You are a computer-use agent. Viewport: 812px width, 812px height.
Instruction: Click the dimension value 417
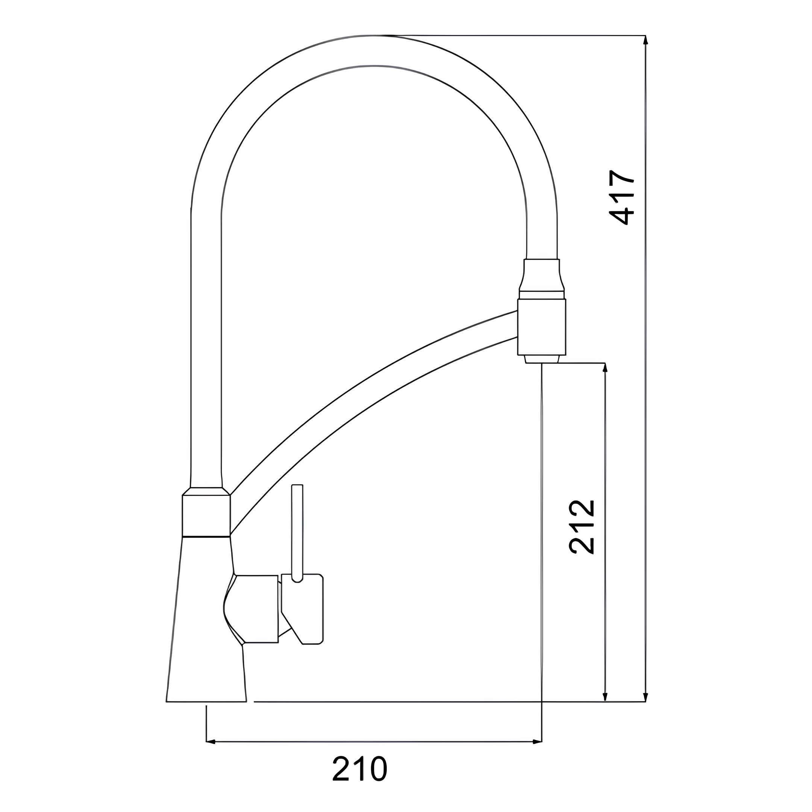click(x=622, y=197)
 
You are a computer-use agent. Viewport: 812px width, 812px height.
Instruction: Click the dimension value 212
click(x=582, y=527)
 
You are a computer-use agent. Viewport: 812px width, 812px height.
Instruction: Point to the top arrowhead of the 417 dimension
click(x=645, y=39)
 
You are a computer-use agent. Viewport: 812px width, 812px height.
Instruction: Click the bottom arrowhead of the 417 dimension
click(x=645, y=697)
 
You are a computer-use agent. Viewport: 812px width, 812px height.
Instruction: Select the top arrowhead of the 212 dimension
click(x=605, y=367)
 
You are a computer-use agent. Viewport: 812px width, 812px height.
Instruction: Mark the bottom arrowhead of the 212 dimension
click(x=605, y=697)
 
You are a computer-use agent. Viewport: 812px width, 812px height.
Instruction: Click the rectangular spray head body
click(x=542, y=327)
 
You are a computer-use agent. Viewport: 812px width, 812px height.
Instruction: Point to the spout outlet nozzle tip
click(x=542, y=359)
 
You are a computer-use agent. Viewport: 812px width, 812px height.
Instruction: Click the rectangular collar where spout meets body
click(x=206, y=516)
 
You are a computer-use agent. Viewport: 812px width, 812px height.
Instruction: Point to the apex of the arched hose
click(x=374, y=50)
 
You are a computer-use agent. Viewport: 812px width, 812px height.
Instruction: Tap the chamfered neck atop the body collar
click(x=206, y=491)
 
